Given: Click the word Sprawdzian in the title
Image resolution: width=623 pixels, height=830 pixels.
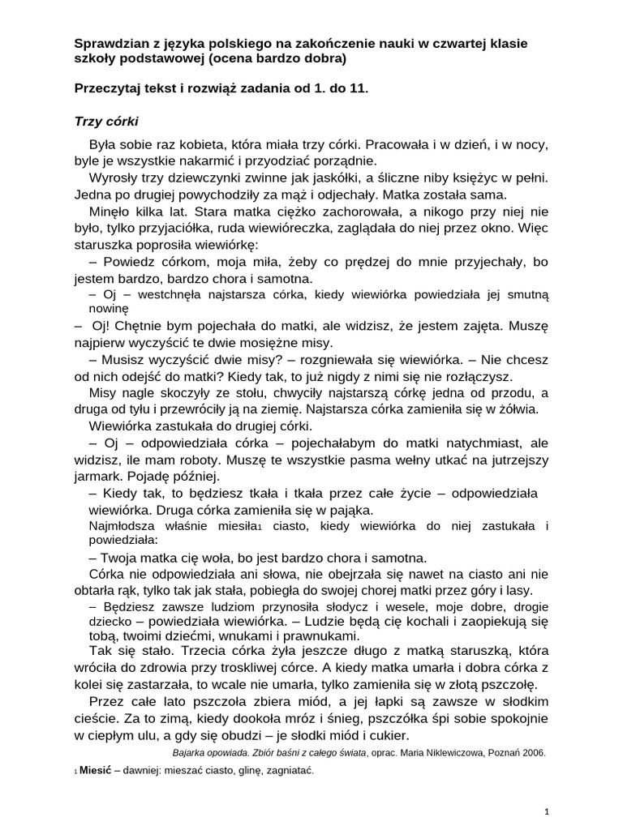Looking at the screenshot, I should pyautogui.click(x=108, y=43).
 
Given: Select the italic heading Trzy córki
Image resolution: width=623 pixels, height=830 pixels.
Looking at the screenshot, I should pyautogui.click(x=106, y=122).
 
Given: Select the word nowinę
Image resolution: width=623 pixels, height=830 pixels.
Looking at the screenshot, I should pyautogui.click(x=108, y=308).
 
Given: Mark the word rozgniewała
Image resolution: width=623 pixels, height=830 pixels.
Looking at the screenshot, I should pyautogui.click(x=342, y=360).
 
